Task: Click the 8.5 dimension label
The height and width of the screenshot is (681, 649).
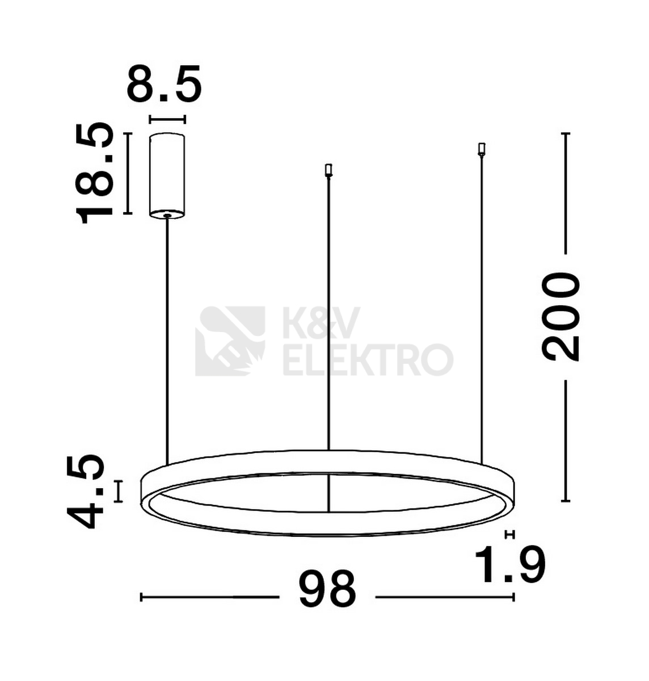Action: (164, 83)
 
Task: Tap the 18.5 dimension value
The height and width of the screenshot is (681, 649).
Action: (95, 173)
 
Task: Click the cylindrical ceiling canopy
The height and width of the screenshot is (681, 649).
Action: (167, 176)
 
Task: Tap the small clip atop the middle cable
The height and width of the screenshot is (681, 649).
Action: (328, 170)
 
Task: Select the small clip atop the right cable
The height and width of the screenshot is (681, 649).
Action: (482, 150)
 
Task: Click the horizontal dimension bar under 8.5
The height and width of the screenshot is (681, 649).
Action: (167, 120)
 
